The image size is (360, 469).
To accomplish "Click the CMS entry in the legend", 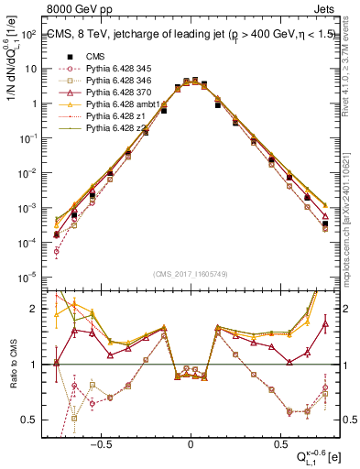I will tap(94, 56).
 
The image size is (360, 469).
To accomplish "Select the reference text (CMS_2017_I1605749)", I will tap(191, 274).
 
